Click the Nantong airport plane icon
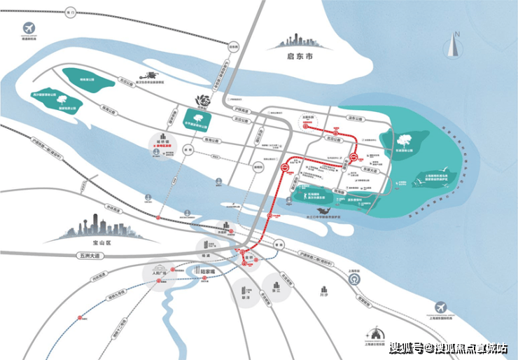[30, 28]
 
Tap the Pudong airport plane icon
[442, 307]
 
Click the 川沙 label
[323, 296]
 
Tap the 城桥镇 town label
[163, 143]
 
